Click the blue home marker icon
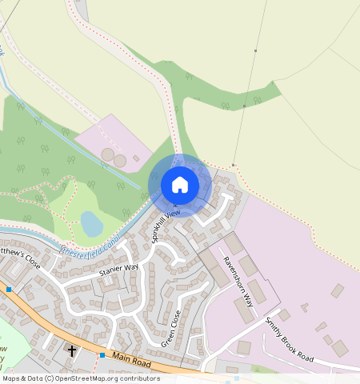pyautogui.click(x=180, y=185)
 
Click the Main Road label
pyautogui.click(x=131, y=362)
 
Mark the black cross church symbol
pyautogui.click(x=72, y=350)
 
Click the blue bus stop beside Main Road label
pyautogui.click(x=102, y=355)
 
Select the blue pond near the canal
pyautogui.click(x=91, y=223)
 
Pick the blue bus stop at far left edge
pyautogui.click(x=9, y=289)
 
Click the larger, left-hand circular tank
pyautogui.click(x=107, y=154)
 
